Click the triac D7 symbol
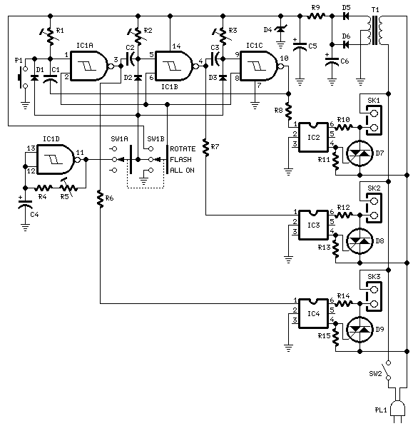click(359, 152)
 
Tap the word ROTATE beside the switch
click(186, 149)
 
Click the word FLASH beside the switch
click(184, 160)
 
